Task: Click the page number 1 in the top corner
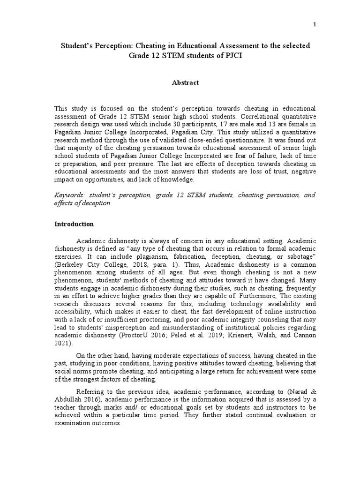point(315,25)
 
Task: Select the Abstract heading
point(185,82)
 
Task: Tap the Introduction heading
point(74,224)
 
